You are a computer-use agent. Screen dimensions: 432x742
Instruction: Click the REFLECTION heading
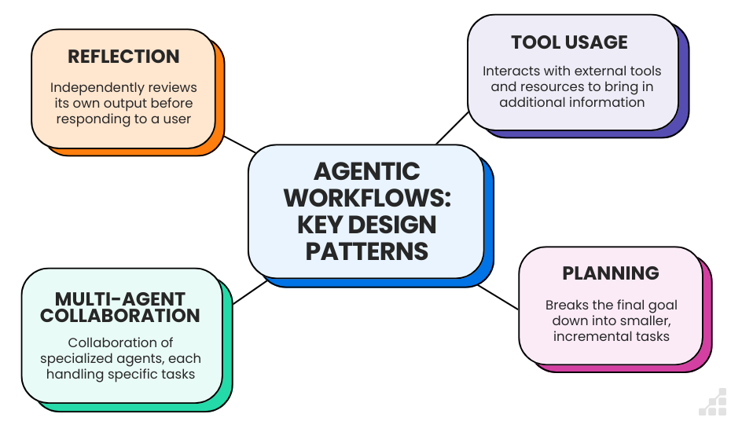[123, 57]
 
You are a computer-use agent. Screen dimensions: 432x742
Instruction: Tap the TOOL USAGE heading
[569, 42]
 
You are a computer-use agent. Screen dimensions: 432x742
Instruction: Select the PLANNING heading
[611, 273]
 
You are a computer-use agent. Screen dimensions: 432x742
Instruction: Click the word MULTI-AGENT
[120, 299]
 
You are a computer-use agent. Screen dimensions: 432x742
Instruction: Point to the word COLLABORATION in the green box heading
[120, 316]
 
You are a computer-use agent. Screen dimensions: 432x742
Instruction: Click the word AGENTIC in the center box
[366, 171]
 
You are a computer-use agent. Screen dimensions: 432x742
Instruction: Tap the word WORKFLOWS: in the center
[367, 198]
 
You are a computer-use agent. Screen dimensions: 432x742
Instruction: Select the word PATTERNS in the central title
[367, 251]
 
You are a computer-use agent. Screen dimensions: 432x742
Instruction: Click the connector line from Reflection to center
[240, 144]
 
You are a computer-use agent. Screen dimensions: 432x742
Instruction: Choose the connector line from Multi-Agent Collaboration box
[250, 291]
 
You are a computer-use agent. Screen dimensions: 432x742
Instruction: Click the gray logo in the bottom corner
[713, 402]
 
